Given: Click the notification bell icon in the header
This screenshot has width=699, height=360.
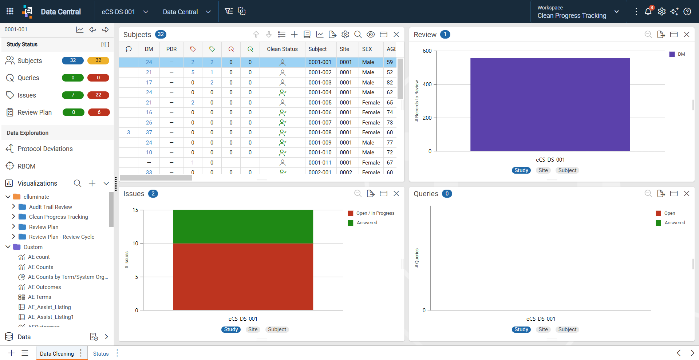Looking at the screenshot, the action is point(648,12).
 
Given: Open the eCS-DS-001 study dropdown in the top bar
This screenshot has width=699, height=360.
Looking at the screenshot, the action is point(125,12).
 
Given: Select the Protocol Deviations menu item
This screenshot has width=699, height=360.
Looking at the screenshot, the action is point(45,149).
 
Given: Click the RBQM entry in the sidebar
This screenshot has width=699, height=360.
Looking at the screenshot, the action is point(27,166).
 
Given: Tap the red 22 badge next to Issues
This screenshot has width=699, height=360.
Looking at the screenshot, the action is point(98,95).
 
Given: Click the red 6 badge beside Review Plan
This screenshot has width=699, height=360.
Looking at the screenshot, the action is point(99,112).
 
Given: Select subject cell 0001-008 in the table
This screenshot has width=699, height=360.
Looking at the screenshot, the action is point(320,132).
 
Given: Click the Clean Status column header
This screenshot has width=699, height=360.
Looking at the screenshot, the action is point(282,49).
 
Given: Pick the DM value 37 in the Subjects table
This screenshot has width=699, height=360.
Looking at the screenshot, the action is point(149,132).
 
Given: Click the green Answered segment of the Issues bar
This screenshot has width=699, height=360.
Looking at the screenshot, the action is point(243,226).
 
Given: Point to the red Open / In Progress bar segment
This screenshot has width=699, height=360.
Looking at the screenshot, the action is point(243,277).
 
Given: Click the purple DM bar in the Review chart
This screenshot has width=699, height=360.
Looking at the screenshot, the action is point(550,104).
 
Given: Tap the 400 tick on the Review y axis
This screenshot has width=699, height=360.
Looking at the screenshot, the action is point(427,84).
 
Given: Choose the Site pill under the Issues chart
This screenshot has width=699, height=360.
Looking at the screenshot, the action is point(253,329).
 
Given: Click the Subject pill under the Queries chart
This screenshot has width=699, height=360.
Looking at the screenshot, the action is point(567,329).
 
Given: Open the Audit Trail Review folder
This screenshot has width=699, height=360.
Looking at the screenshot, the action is point(51,207).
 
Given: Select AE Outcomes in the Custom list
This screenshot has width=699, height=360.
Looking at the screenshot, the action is point(44,287).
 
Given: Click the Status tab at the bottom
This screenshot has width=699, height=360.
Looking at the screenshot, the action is point(101,354).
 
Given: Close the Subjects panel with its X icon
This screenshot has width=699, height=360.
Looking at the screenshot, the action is point(396,35).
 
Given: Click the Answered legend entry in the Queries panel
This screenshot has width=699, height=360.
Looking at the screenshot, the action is point(675,223).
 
